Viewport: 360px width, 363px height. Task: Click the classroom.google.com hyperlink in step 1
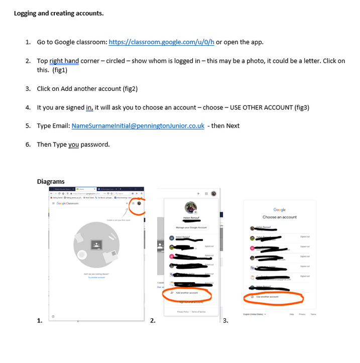click(161, 42)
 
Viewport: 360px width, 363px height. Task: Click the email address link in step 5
click(138, 126)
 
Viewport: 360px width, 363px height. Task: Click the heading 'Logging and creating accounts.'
click(59, 13)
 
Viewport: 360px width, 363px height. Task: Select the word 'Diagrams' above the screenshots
click(51, 181)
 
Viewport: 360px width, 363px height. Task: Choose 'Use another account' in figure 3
click(268, 297)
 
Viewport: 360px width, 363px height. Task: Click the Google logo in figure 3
click(279, 210)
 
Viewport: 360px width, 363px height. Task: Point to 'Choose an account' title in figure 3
click(279, 217)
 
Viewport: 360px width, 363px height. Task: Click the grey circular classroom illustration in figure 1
click(95, 246)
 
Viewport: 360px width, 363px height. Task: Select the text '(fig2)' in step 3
click(130, 89)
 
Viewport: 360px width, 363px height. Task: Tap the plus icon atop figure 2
click(199, 193)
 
